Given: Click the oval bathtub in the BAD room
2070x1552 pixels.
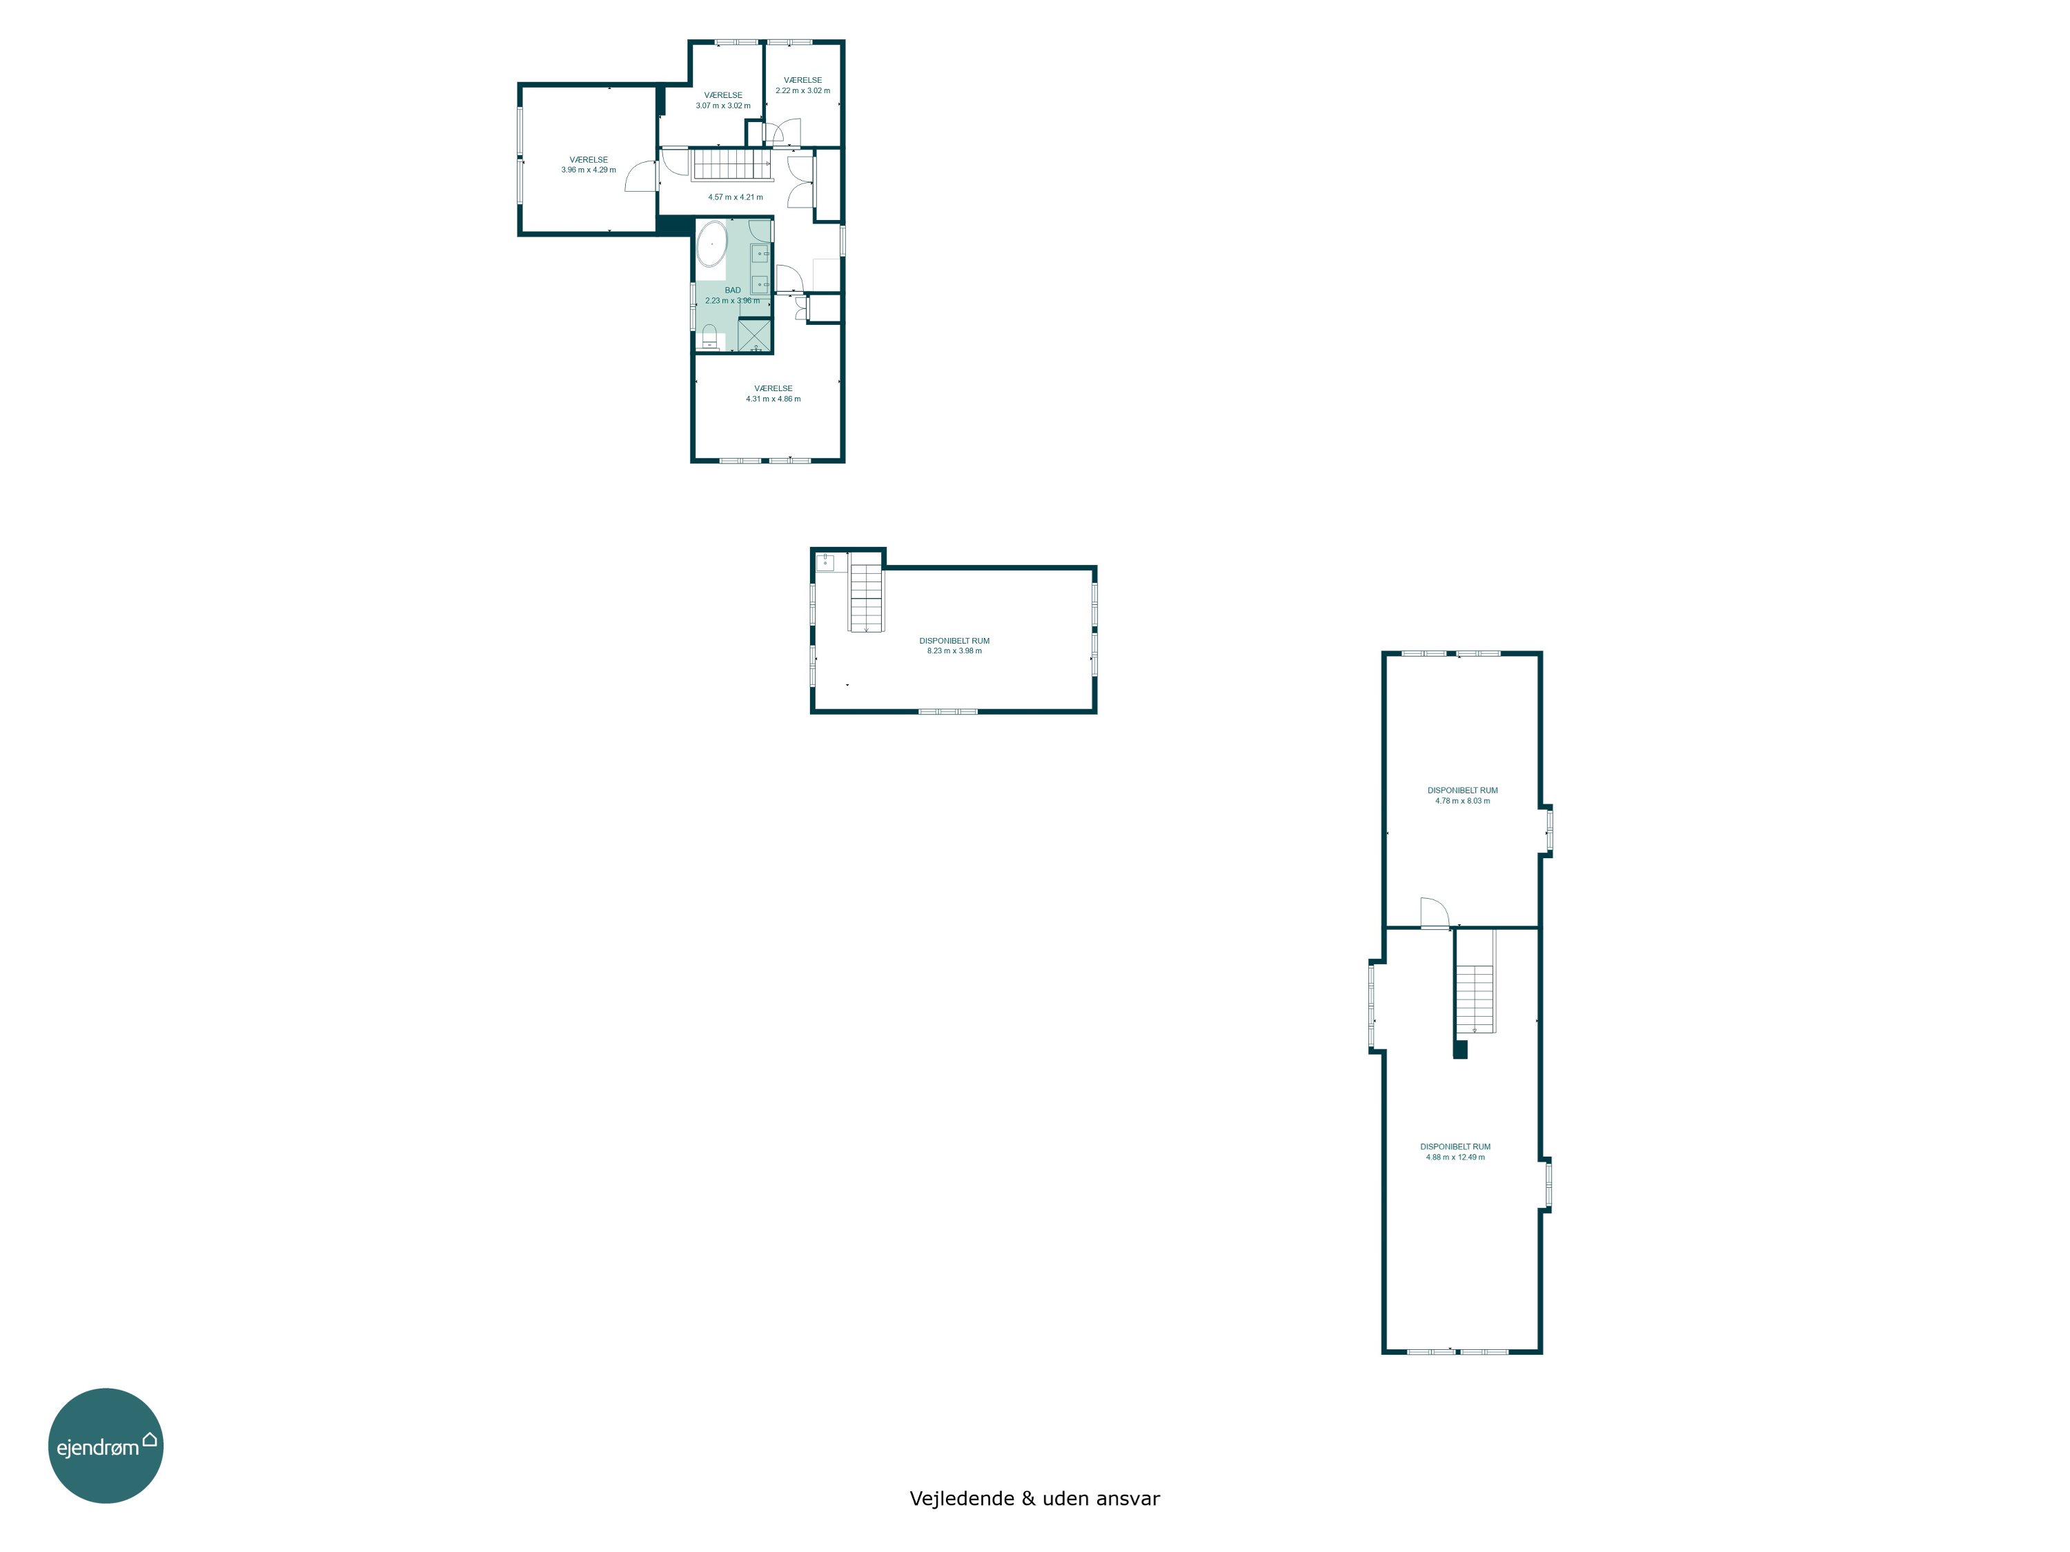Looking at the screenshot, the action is click(x=711, y=244).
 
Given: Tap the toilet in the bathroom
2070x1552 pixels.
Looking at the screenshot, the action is click(x=709, y=337).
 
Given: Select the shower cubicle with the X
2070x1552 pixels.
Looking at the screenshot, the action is click(x=754, y=335).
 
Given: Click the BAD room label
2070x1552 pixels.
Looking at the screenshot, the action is click(x=733, y=290).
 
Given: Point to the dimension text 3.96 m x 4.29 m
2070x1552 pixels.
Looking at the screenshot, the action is click(x=589, y=170).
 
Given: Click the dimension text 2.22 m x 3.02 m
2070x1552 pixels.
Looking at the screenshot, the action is click(x=803, y=91).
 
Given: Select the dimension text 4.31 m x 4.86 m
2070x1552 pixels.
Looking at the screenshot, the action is click(x=773, y=399).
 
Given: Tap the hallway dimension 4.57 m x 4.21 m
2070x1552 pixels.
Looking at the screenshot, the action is click(x=736, y=197).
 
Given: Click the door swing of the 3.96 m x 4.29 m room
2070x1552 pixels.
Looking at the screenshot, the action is click(x=641, y=175).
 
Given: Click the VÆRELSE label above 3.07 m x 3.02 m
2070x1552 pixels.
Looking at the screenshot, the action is click(x=723, y=95).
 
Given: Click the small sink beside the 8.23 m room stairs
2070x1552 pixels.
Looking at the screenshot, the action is click(x=825, y=561).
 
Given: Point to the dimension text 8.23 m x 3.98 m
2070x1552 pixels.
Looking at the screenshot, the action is click(x=954, y=651).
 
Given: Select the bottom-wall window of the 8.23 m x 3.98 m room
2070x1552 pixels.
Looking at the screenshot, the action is click(x=948, y=712).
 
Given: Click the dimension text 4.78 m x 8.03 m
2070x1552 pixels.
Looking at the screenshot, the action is click(x=1463, y=801).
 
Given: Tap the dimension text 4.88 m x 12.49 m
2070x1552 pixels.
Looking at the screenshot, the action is click(x=1455, y=1157).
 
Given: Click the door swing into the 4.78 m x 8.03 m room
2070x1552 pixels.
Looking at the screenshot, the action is click(x=1435, y=913).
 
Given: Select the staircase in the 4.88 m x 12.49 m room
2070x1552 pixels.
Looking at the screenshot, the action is click(x=1475, y=982).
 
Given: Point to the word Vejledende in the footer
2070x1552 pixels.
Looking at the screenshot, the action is click(x=962, y=1499).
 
